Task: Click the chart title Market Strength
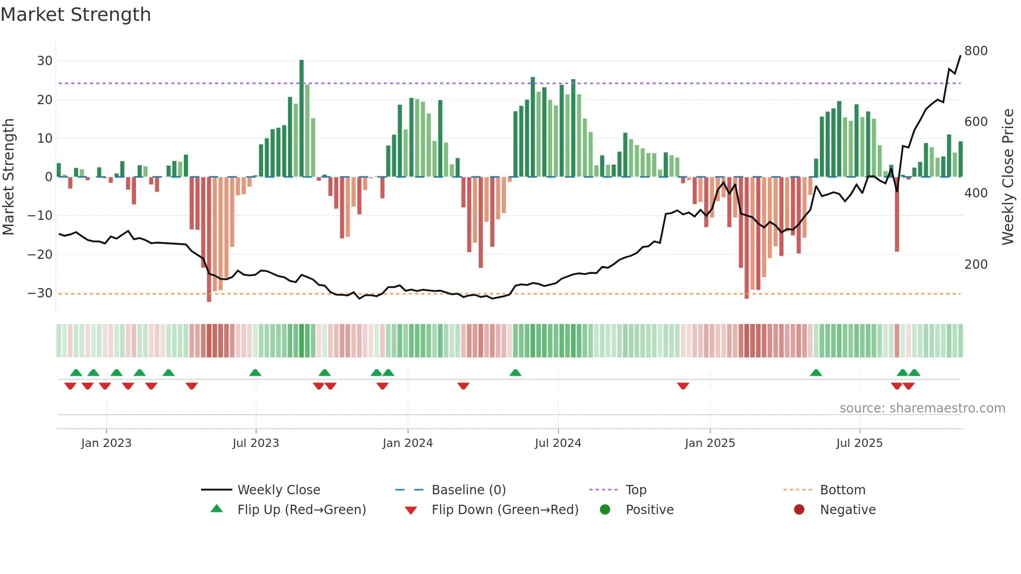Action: click(76, 15)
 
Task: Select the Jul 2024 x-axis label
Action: click(557, 443)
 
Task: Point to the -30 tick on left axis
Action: click(40, 293)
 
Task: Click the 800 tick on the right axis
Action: click(976, 51)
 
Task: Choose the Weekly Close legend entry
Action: click(279, 490)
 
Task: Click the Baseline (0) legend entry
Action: click(468, 490)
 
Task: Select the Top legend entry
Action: click(636, 490)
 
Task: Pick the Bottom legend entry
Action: click(842, 490)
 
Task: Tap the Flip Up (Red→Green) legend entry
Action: click(301, 510)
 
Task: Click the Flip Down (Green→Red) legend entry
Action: click(504, 510)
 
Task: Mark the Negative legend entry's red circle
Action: click(799, 510)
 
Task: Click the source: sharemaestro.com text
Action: click(922, 408)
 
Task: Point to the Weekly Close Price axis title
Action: click(1008, 177)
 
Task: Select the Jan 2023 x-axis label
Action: click(106, 443)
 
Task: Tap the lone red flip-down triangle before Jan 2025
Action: click(683, 386)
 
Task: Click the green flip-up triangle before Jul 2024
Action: click(515, 373)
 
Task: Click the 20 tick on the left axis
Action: click(44, 99)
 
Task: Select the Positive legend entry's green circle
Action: click(605, 510)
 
